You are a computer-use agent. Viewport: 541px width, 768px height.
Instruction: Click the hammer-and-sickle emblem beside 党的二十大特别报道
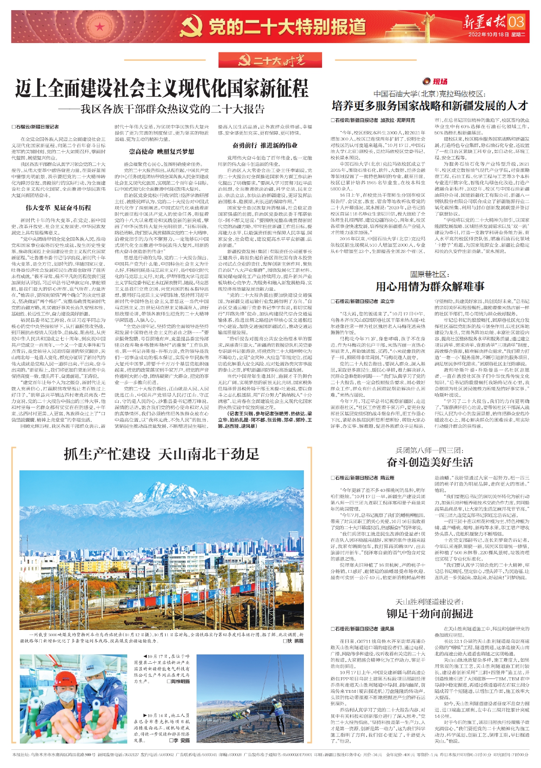click(192, 27)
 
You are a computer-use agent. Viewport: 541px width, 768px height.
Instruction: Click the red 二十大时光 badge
click(270, 60)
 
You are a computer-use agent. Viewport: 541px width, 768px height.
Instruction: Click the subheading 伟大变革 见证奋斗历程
click(58, 208)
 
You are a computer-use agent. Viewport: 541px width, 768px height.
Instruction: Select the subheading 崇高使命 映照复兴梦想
click(161, 152)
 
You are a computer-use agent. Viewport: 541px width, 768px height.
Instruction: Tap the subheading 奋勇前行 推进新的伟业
click(265, 145)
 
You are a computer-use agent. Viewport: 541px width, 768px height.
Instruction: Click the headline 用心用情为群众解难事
click(430, 287)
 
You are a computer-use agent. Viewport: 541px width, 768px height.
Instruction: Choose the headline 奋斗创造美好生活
click(430, 462)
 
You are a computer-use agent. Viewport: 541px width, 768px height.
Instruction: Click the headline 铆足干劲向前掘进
click(430, 613)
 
